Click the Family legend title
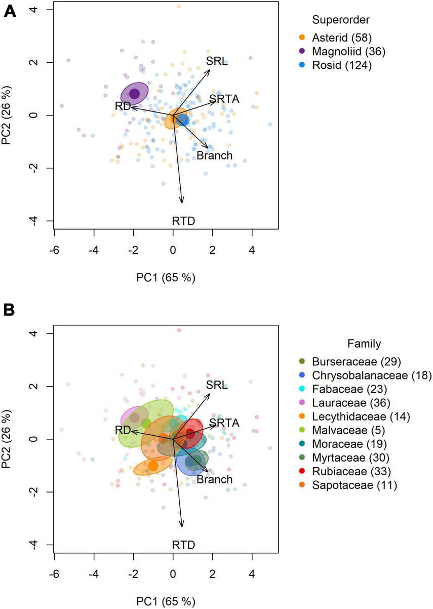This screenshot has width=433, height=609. click(364, 344)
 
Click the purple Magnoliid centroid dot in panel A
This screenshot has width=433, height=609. click(134, 94)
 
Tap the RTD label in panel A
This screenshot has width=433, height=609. click(183, 220)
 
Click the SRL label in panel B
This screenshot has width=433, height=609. click(216, 385)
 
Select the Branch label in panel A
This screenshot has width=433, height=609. click(214, 156)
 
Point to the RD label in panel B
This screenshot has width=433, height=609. click(123, 430)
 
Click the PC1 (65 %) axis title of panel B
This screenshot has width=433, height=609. click(166, 601)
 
